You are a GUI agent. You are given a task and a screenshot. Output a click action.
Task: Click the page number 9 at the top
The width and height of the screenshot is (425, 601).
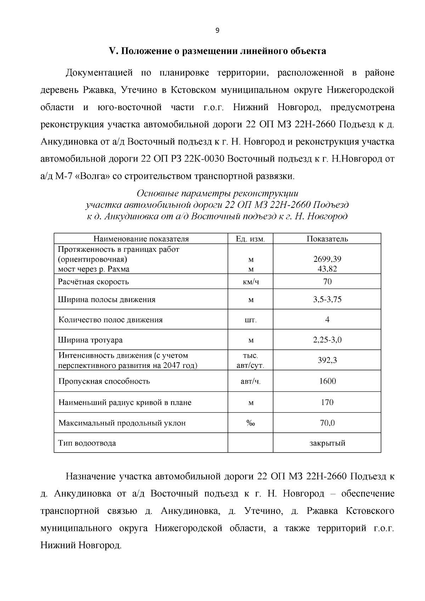217,31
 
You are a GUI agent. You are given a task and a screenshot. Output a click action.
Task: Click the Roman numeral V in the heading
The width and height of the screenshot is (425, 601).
112,51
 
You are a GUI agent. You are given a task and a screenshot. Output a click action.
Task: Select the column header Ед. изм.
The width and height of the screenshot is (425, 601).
250,239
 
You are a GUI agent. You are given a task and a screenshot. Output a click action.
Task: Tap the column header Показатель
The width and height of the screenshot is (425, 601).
327,239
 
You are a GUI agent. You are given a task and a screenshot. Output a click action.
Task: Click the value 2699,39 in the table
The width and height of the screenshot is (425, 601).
327,259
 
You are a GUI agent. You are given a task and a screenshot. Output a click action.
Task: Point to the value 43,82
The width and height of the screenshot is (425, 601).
327,269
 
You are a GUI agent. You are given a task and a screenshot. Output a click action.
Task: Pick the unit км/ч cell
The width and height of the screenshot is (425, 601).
250,282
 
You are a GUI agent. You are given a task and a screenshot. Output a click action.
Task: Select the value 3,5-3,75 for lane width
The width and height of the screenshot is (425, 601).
327,300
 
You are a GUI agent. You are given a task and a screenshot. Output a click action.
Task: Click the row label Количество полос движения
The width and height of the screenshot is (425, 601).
110,320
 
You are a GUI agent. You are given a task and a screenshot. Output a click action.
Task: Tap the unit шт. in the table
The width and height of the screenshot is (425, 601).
250,320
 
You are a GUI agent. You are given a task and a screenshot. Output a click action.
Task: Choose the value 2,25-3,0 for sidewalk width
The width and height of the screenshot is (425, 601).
327,340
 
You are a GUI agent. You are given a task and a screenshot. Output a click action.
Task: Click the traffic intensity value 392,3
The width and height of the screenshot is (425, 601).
327,361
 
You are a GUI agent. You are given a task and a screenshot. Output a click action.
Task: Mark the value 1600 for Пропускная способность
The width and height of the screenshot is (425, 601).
327,381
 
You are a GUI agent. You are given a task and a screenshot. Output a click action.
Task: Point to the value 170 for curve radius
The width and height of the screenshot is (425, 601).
327,402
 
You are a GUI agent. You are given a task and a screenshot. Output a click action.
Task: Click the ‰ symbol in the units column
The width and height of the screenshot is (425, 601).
250,423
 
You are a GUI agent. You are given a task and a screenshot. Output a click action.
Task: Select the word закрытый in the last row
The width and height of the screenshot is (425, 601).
327,443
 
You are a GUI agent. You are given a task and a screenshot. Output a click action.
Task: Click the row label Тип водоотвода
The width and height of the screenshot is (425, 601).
87,443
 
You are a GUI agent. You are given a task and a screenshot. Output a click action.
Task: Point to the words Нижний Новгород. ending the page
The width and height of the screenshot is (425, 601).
81,545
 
